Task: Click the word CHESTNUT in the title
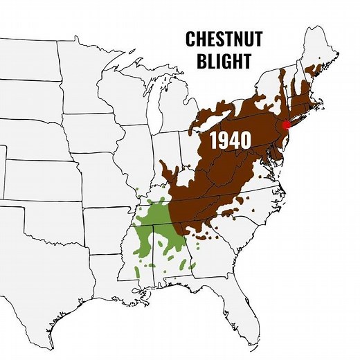pyautogui.click(x=224, y=39)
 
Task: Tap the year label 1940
pyautogui.click(x=230, y=140)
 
